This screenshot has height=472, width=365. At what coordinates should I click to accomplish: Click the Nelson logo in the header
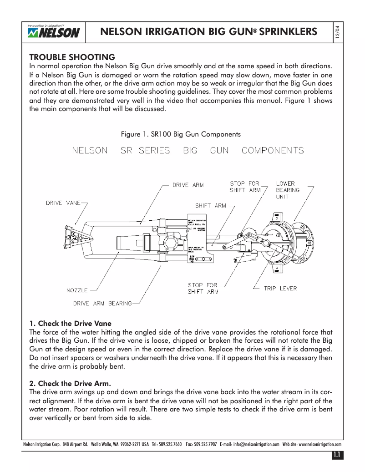(x=54, y=32)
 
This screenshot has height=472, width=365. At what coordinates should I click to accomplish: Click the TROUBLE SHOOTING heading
(x=72, y=57)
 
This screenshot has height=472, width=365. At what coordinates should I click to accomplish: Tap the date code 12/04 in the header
(x=337, y=33)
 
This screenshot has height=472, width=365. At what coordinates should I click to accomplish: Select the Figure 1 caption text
(x=180, y=134)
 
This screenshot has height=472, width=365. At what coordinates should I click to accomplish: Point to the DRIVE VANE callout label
(x=63, y=203)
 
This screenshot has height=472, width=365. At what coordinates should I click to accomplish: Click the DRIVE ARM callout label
(x=188, y=185)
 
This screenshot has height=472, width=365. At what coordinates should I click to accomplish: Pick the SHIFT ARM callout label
(x=210, y=206)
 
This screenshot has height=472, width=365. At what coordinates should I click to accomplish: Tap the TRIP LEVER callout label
(x=280, y=288)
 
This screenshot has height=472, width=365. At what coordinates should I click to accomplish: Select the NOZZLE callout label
(x=77, y=289)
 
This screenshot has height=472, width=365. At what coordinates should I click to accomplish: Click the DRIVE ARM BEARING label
(x=102, y=303)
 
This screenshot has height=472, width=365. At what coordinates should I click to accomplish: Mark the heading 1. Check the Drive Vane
(x=70, y=324)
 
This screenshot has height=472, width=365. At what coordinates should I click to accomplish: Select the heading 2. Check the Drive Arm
(x=70, y=383)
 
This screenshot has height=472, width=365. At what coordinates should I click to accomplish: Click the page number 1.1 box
(x=337, y=455)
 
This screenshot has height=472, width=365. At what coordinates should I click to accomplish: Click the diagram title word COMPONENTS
(x=273, y=151)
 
